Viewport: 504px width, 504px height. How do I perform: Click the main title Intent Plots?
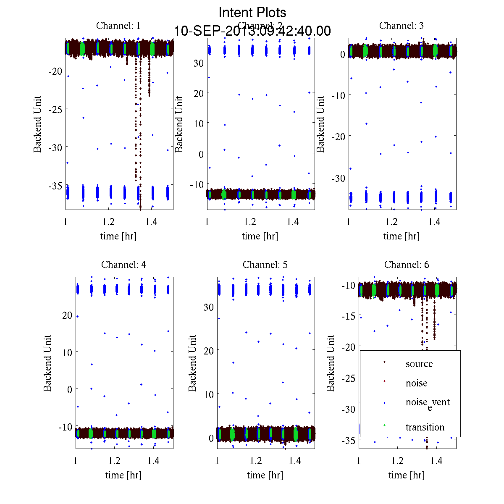click(252, 12)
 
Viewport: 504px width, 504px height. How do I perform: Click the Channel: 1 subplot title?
click(118, 26)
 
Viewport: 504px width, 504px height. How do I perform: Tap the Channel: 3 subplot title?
click(401, 26)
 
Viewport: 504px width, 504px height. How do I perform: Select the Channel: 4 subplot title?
click(123, 265)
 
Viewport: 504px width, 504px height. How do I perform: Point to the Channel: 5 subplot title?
click(265, 265)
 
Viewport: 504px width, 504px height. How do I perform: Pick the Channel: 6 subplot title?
click(407, 265)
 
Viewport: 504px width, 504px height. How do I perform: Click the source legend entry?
click(419, 364)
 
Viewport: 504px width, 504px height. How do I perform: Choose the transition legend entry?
click(425, 427)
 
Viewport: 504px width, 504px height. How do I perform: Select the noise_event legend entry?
click(427, 403)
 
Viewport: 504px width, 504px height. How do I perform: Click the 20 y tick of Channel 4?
click(67, 315)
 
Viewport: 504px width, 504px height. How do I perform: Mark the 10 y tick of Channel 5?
click(208, 394)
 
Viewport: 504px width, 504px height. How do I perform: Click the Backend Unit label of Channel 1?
click(38, 124)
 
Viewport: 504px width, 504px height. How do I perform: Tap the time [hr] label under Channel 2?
click(260, 236)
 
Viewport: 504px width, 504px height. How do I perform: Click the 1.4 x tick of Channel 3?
click(434, 222)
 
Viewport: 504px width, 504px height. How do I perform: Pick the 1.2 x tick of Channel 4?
click(114, 461)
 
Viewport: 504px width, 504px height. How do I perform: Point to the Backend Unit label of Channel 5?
click(192, 363)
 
